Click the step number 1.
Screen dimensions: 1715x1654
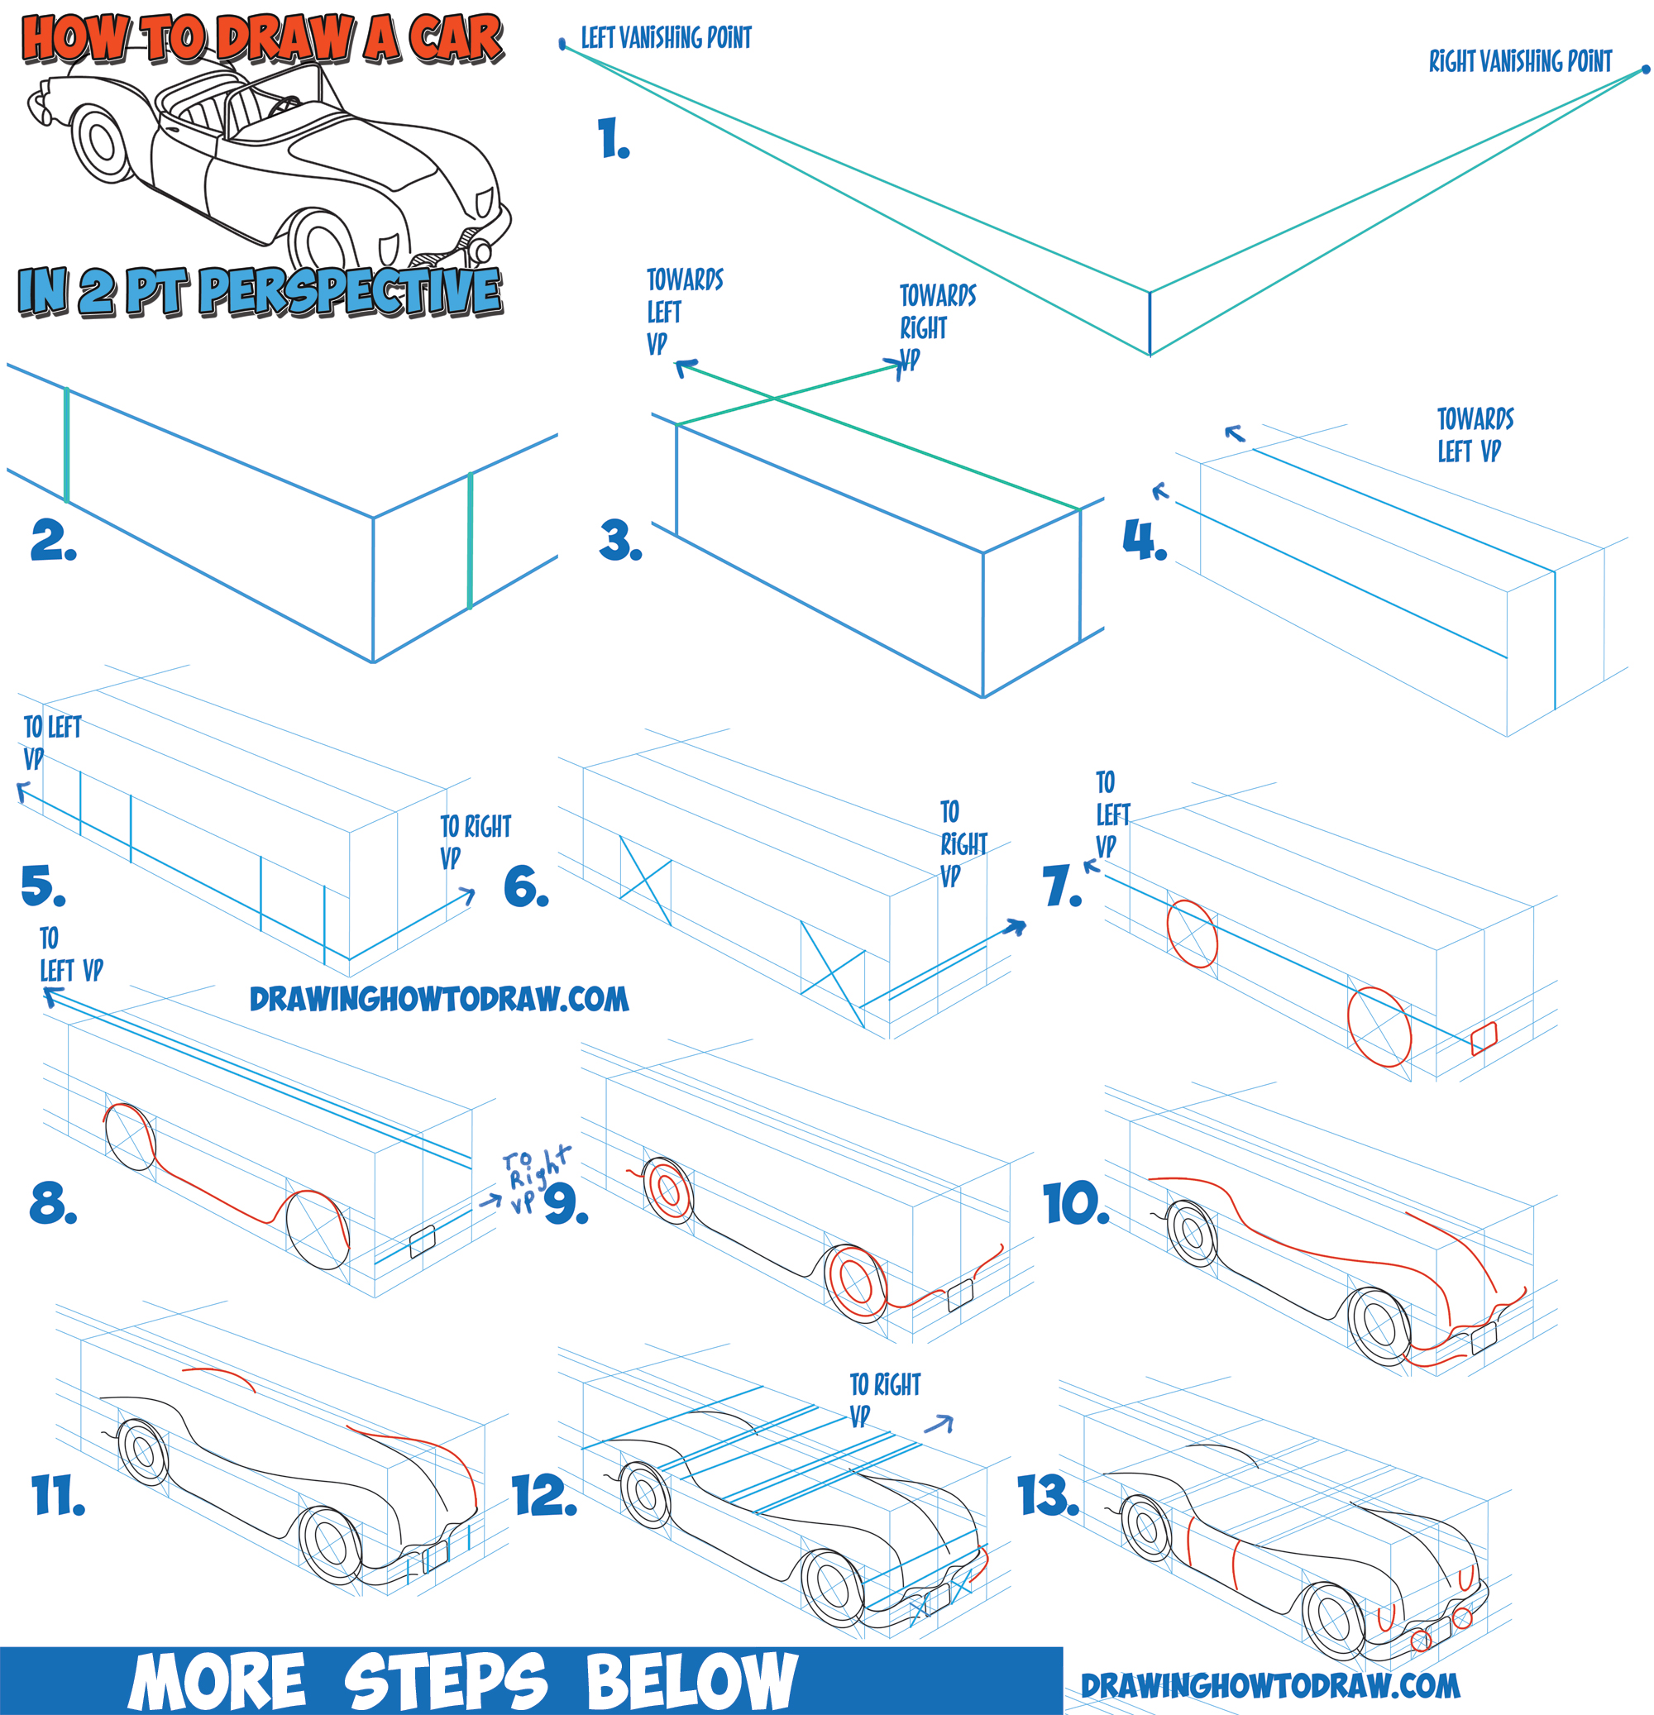coord(613,139)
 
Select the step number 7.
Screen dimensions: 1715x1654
coord(1061,886)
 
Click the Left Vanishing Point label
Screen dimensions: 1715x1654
coord(666,38)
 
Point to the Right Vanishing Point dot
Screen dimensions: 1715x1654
coord(1645,69)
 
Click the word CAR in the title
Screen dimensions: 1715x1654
coord(455,40)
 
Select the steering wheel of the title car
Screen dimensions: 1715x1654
coord(284,106)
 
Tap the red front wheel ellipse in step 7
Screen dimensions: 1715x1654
coord(1379,1026)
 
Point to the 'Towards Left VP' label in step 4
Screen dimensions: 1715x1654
coord(1475,435)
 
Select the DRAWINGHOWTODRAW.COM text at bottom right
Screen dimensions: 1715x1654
coord(1269,1685)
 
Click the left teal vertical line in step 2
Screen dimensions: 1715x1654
coord(66,445)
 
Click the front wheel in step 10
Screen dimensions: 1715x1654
coord(1379,1327)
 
